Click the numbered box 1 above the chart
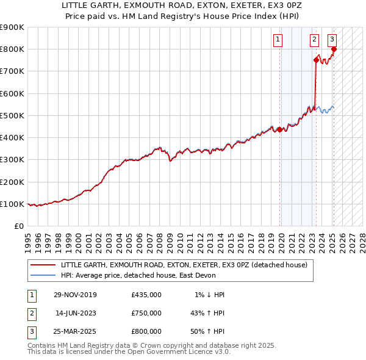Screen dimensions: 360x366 coord(278,40)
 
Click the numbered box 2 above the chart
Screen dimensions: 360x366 coord(314,40)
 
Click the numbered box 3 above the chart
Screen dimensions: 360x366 coord(332,40)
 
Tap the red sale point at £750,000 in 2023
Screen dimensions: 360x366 coord(316,60)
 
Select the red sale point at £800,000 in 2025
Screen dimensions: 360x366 coord(334,49)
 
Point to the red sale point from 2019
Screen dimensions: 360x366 coord(280,129)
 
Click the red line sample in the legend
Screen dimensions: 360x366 coord(43,265)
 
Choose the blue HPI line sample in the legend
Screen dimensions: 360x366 coord(43,275)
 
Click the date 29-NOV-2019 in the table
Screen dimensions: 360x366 coord(75,295)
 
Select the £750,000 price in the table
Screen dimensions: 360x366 coord(146,313)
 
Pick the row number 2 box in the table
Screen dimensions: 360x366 coord(30,313)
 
